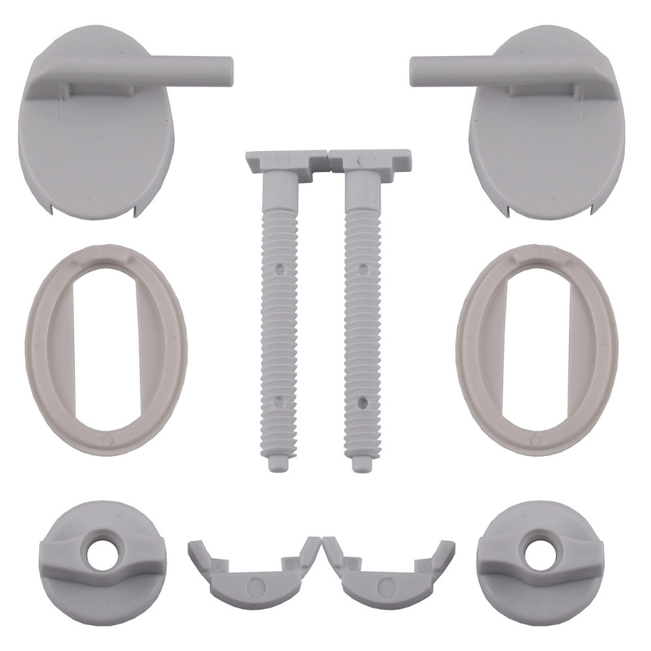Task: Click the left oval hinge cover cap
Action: pos(98,150)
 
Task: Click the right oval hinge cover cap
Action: pos(547,150)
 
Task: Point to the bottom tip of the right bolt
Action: pos(359,465)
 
